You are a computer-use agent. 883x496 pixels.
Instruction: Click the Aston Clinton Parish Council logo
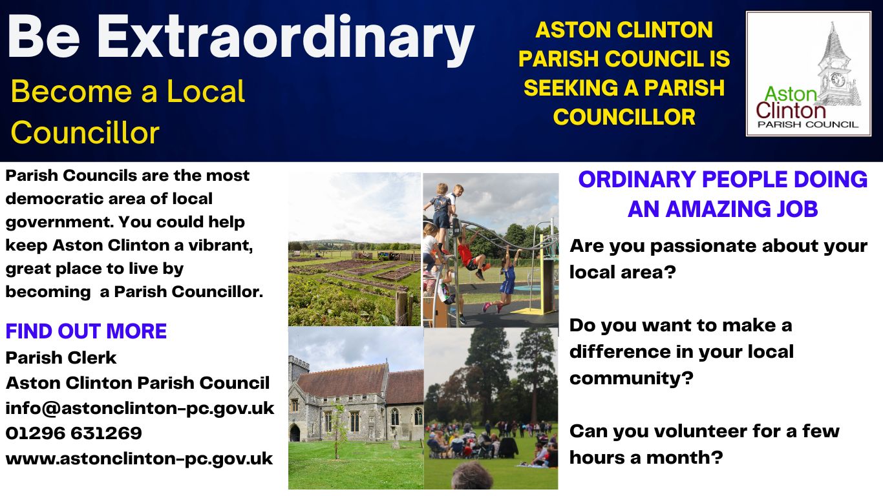click(x=808, y=74)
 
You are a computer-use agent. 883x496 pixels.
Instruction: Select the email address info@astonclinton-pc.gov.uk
click(x=140, y=408)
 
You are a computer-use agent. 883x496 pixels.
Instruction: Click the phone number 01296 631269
click(x=74, y=433)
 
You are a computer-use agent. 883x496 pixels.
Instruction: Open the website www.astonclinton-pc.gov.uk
click(x=139, y=459)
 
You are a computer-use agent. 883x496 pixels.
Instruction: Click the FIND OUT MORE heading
click(x=86, y=331)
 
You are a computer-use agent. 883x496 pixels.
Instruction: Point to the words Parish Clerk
click(x=61, y=357)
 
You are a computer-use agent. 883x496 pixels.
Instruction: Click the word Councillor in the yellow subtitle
click(x=85, y=132)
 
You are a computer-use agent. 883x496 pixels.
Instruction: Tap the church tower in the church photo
click(x=299, y=381)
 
